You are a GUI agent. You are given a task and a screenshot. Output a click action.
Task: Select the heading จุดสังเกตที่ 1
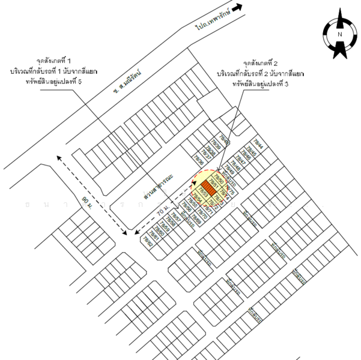tap(53, 62)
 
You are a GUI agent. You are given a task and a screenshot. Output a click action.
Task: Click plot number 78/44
tap(259, 143)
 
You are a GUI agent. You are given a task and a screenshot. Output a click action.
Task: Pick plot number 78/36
tap(198, 160)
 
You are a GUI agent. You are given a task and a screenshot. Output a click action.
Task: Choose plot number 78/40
tap(224, 137)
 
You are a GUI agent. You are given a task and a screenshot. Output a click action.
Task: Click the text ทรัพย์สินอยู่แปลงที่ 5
tap(52, 82)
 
